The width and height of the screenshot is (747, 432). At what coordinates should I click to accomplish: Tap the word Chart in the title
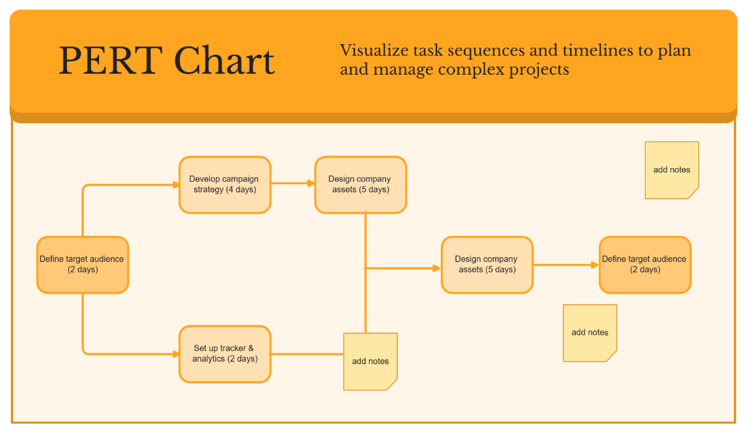click(x=224, y=61)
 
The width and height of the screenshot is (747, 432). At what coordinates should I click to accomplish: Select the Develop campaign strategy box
click(x=225, y=185)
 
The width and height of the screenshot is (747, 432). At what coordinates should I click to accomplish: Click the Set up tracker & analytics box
click(x=225, y=354)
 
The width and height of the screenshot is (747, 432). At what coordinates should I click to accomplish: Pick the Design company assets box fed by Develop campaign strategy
click(x=360, y=185)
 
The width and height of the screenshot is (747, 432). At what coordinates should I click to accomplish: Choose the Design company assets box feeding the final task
click(x=487, y=265)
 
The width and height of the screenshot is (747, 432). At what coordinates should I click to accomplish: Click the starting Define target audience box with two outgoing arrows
click(x=82, y=265)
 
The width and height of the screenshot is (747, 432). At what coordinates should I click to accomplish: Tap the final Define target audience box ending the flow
click(x=645, y=265)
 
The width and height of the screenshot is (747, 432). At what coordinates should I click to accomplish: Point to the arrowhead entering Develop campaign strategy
click(x=176, y=184)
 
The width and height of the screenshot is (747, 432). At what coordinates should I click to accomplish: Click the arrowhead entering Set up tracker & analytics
click(x=176, y=354)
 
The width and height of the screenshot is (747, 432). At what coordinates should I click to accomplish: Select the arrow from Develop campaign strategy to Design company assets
click(x=293, y=183)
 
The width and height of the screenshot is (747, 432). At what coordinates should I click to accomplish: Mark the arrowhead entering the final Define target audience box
click(x=595, y=265)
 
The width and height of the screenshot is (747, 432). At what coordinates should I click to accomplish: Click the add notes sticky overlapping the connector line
click(x=370, y=362)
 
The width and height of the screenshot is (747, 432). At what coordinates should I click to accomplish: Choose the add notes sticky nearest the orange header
click(x=672, y=170)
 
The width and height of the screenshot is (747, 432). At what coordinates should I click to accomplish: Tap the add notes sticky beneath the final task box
click(x=590, y=332)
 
